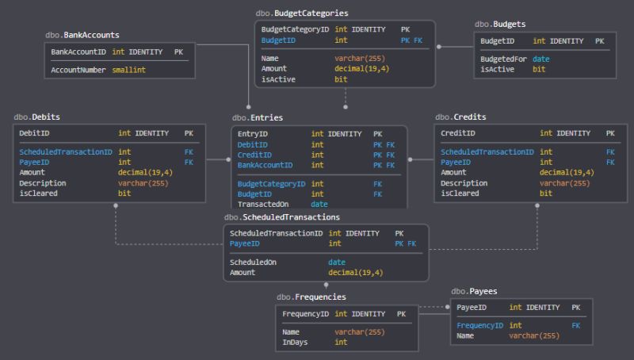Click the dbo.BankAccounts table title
point(82,35)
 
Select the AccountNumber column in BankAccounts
point(78,70)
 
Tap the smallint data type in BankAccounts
point(128,70)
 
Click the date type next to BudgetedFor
point(541,59)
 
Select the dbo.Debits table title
point(32,117)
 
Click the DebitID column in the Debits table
point(35,134)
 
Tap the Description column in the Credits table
point(464,183)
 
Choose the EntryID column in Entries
point(253,134)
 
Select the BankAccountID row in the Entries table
point(265,165)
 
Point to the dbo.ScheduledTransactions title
point(282,216)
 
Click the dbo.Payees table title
point(474,291)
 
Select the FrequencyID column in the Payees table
point(479,326)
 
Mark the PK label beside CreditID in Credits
point(610,134)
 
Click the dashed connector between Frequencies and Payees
point(433,307)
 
